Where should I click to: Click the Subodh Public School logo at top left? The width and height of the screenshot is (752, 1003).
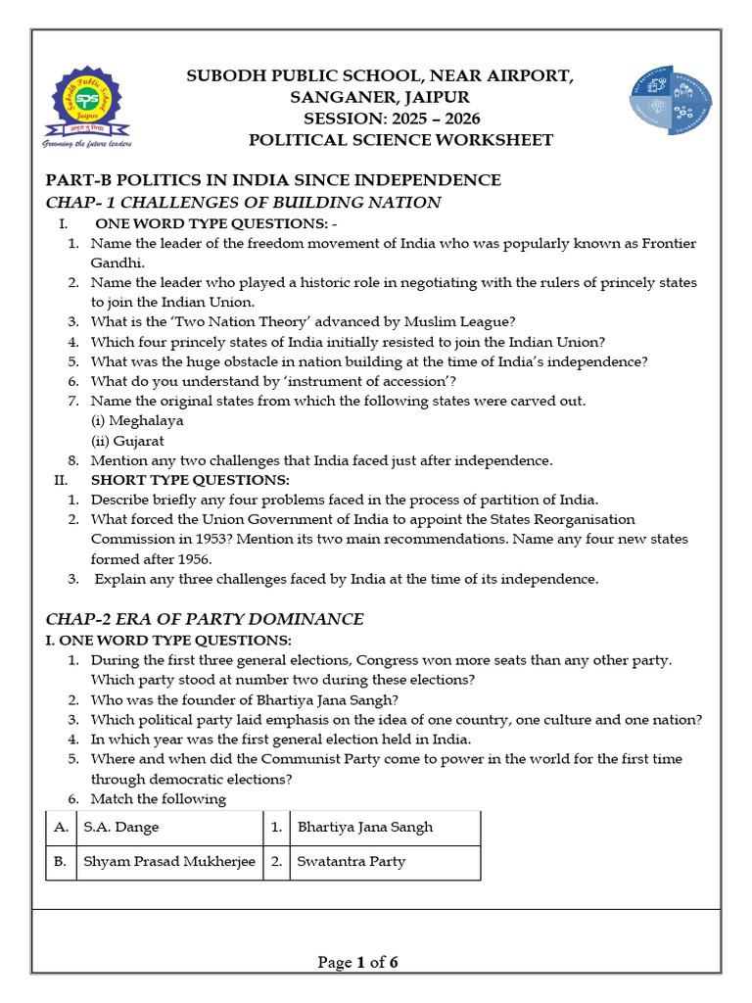point(88,106)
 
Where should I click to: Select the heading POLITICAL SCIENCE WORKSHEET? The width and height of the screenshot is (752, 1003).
point(400,140)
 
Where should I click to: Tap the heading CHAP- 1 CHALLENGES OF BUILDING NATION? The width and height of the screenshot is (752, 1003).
point(244,203)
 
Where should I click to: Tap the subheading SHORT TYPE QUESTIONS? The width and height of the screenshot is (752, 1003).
point(190,480)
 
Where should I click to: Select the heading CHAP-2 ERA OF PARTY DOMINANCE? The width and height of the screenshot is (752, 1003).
point(205,619)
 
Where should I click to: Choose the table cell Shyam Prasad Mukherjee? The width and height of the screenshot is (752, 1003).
point(169,862)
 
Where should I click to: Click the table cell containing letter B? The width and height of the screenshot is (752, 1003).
point(61,862)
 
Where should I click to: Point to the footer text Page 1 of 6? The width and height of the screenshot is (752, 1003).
point(358,963)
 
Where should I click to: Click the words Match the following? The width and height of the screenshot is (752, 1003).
point(159,798)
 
